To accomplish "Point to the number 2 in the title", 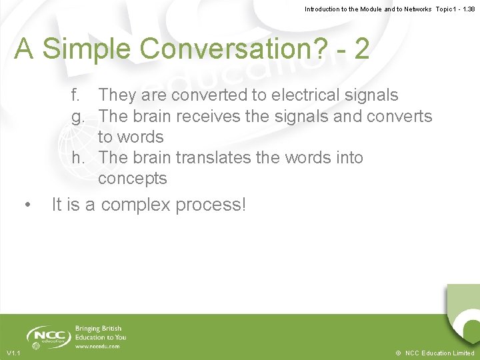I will coord(361,48).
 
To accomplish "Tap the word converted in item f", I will coord(213,95).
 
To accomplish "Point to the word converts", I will coord(399,116).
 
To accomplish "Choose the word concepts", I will coord(132,179).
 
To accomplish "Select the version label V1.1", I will coord(13,353).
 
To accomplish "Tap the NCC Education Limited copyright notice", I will coord(435,353).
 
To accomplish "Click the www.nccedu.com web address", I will coord(97,346).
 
